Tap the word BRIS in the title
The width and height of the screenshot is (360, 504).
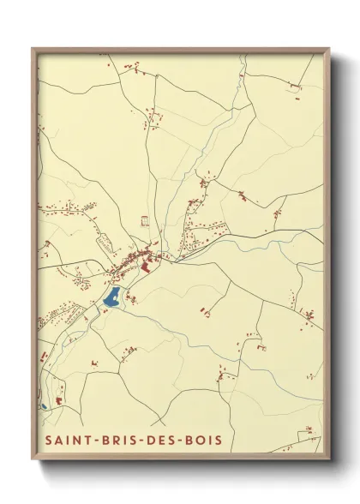(120, 440)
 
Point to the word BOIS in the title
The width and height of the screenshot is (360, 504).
(209, 440)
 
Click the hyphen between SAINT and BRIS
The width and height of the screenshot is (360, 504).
(94, 440)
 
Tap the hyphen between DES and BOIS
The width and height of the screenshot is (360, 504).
(188, 440)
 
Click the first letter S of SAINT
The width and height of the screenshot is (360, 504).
(48, 440)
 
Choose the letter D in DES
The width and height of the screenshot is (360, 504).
(156, 440)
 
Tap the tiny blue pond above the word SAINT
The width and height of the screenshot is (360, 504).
(42, 405)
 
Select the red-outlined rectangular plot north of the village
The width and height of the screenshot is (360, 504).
(145, 221)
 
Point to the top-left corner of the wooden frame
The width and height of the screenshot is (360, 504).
(33, 49)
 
